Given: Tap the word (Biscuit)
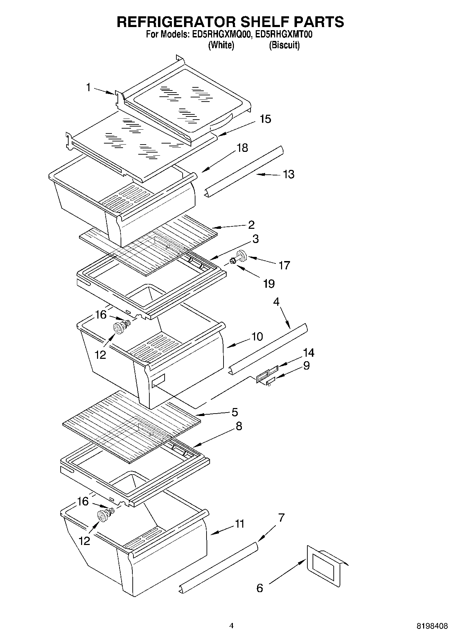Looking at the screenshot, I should (x=284, y=45).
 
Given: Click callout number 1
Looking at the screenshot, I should (x=88, y=87).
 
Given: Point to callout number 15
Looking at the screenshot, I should (x=265, y=119).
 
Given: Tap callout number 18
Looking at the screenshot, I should (x=242, y=148).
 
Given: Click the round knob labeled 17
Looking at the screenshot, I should (x=242, y=257).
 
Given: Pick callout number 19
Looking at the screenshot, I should (x=269, y=284).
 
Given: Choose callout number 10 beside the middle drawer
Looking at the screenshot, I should (x=257, y=336).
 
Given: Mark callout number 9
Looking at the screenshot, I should (x=306, y=365).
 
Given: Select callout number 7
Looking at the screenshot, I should (x=281, y=518).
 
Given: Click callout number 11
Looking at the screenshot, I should (x=240, y=523).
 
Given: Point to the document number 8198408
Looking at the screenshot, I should (x=432, y=626).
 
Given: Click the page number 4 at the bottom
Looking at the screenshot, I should (x=231, y=626).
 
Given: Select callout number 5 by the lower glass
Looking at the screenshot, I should (x=235, y=412).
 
